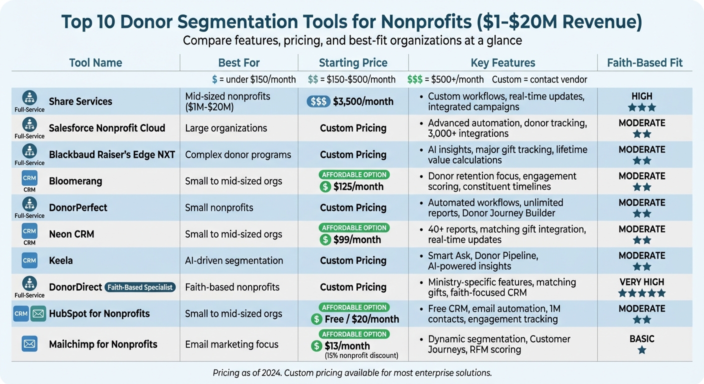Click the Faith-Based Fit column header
coord(644,62)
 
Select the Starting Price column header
coord(353,62)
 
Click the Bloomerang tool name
coord(75,181)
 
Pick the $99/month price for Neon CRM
coord(357,240)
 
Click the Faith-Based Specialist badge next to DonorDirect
coord(140,287)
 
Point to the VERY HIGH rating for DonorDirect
coord(642,282)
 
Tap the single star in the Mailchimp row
coord(642,350)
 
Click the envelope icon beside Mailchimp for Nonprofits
coord(29,344)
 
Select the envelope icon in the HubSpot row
coord(38,314)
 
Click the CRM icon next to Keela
coord(29,260)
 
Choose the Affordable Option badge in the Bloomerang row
coord(354,174)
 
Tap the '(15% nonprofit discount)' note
coord(361,355)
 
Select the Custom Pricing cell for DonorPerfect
coord(353,207)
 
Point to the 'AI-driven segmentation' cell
coord(234,260)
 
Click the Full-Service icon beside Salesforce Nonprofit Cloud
coord(29,125)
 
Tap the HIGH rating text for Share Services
coord(642,96)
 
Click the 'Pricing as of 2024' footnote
coord(352,372)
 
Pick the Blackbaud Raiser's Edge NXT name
coord(112,154)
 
